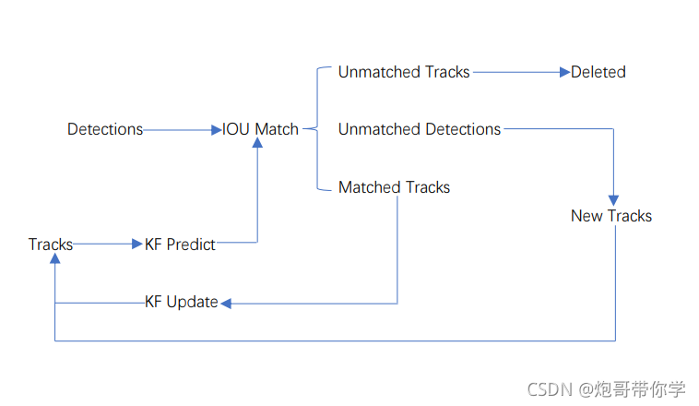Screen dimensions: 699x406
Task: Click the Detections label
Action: point(105,129)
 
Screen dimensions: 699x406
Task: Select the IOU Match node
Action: point(260,129)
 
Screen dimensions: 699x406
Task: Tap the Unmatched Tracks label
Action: point(404,72)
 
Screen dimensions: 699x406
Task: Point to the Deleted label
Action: point(598,72)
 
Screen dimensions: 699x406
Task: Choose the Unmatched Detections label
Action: point(420,129)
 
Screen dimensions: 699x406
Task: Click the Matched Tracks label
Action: point(394,187)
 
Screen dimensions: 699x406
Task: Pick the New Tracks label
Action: point(611,216)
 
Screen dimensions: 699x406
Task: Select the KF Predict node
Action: point(180,245)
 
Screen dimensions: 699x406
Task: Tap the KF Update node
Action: point(182,302)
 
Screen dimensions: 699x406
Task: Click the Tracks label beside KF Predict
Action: point(51,245)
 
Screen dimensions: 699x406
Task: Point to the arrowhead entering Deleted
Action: point(564,72)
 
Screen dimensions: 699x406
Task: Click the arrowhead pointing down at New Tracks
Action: point(613,200)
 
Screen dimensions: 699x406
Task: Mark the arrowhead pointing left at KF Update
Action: point(226,304)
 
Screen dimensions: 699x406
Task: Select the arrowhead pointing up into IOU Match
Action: point(257,142)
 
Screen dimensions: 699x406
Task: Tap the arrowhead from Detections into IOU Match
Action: point(216,130)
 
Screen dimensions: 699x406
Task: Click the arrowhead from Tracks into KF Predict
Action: point(137,244)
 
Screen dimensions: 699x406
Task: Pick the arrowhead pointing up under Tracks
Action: point(54,258)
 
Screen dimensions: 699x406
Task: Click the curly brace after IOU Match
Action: point(317,129)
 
